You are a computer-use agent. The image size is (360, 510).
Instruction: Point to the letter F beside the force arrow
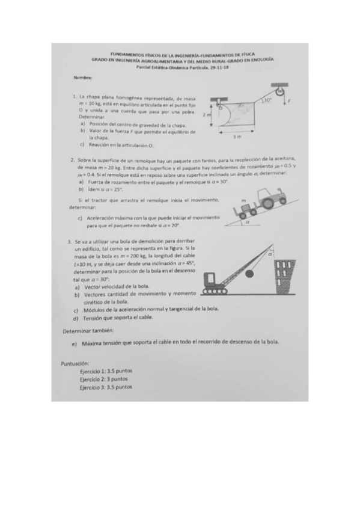(290, 103)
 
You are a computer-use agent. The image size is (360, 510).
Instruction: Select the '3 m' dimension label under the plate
(237, 137)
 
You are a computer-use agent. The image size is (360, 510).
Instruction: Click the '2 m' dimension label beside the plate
(206, 114)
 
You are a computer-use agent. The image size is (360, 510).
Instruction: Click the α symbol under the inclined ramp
(246, 222)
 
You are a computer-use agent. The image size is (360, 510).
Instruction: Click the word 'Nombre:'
(83, 78)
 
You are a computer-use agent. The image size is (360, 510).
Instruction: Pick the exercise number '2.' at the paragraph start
(72, 160)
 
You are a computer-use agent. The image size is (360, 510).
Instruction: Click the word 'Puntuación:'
(75, 364)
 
